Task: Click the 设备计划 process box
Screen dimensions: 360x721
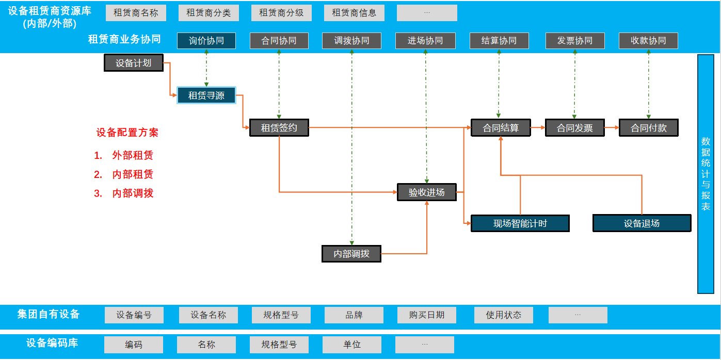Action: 134,63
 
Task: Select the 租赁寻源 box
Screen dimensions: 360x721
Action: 206,95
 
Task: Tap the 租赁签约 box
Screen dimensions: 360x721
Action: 279,128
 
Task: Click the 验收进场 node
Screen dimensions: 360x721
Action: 427,192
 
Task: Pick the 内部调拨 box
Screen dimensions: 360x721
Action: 351,254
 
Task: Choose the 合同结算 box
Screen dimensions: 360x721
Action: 501,128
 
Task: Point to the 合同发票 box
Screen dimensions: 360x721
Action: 574,128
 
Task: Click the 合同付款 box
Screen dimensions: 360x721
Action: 648,128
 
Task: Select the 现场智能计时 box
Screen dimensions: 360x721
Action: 520,223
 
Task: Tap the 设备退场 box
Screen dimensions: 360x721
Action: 642,223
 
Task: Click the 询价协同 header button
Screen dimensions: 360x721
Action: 206,41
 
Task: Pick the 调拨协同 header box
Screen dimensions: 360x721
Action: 351,41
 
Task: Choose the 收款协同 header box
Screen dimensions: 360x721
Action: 648,41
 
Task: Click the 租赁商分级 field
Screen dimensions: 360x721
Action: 281,13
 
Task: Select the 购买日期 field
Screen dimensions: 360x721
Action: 426,315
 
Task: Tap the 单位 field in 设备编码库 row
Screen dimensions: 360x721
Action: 352,345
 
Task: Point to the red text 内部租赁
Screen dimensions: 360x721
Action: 133,174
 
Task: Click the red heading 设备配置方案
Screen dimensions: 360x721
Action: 127,133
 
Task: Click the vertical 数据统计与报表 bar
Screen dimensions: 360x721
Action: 706,174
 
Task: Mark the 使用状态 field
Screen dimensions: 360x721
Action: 503,315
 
